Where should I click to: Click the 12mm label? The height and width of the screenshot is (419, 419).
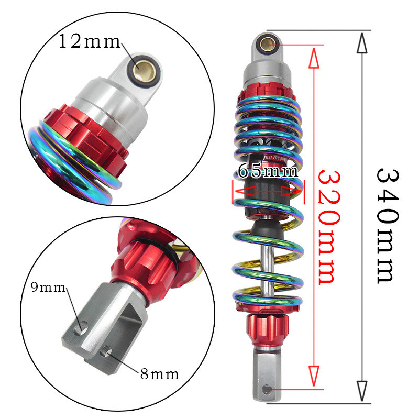click(89, 41)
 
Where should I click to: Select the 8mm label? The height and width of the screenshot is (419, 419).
click(159, 374)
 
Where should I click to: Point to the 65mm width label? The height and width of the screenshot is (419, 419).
click(268, 171)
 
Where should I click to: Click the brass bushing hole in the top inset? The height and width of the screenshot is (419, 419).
click(143, 68)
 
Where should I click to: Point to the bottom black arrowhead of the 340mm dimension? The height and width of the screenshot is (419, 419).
click(362, 391)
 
